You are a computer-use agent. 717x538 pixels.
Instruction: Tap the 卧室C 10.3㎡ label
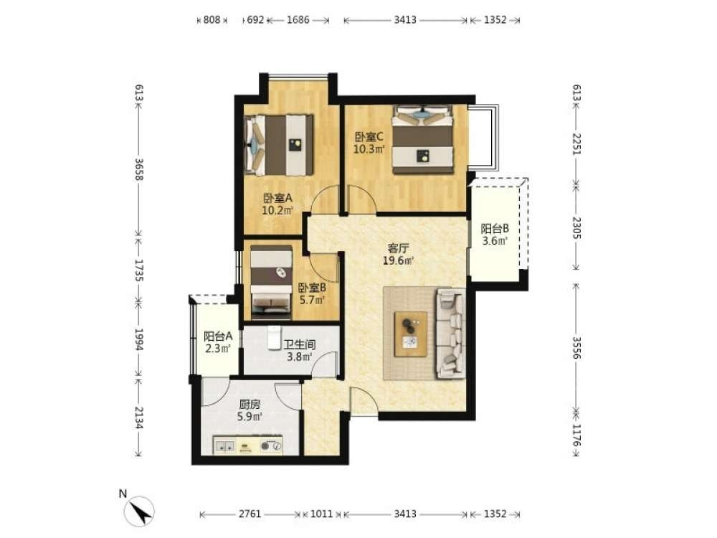point(369,143)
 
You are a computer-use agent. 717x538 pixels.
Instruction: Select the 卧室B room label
point(313,293)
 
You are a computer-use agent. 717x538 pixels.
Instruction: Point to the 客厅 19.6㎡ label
point(398,255)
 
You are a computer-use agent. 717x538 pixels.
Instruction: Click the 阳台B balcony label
point(495,235)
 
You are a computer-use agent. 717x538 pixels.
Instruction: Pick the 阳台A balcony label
point(218,342)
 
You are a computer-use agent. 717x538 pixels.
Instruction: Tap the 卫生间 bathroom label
point(300,351)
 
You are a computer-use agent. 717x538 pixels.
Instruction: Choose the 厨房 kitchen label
point(250,410)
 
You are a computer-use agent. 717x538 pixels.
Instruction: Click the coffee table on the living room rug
point(411,334)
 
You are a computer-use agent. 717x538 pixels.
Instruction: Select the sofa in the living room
point(451,334)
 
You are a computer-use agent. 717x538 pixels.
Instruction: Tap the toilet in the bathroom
point(273,337)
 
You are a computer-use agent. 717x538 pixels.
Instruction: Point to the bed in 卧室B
point(271,282)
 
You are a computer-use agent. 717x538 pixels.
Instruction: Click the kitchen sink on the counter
point(225,445)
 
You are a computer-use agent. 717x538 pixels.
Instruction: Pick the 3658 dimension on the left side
point(139,169)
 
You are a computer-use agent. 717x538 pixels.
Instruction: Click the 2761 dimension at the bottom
point(250,514)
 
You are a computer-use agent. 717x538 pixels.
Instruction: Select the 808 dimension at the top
point(212,19)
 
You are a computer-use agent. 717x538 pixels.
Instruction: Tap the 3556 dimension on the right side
point(576,348)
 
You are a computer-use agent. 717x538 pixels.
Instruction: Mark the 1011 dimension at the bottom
point(321,514)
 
